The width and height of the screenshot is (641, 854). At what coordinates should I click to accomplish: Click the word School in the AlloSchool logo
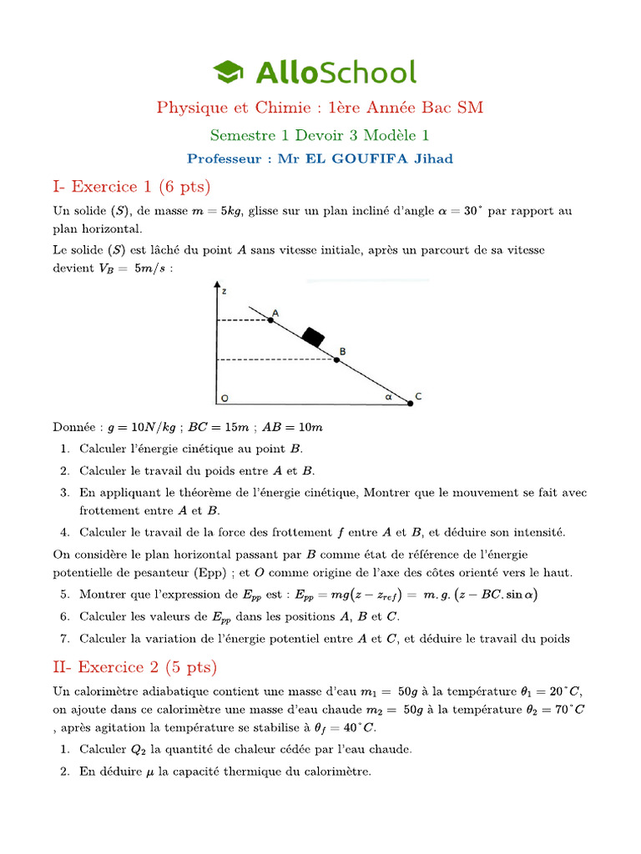(367, 72)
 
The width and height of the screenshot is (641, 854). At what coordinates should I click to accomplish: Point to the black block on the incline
(312, 337)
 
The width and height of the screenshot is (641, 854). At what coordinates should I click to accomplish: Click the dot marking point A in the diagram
(270, 319)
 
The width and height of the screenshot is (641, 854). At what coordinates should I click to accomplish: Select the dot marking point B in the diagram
(337, 359)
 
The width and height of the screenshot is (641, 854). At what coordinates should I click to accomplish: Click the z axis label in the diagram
(225, 290)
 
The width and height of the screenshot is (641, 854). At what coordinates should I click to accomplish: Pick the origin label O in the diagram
(223, 398)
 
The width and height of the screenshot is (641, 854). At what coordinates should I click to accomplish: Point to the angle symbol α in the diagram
(388, 397)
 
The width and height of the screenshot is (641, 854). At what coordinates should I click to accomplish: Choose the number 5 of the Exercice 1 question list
(64, 595)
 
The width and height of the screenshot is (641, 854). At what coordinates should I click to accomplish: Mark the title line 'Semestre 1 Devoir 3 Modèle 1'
(320, 134)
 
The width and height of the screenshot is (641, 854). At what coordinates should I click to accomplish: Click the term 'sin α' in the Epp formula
(522, 595)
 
